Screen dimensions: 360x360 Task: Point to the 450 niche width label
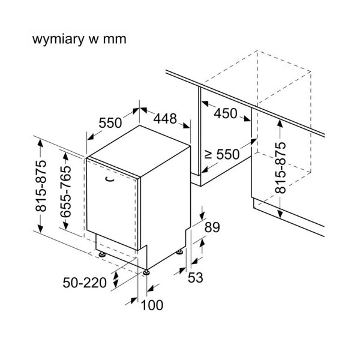[x=225, y=114]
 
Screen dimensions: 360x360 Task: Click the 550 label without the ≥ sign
[x=110, y=122]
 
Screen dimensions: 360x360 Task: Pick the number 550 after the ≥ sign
[x=227, y=154]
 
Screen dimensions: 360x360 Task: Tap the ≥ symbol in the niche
[x=207, y=154]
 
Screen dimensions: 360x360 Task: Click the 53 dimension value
[x=196, y=277]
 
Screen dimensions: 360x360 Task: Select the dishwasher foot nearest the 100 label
[x=146, y=272]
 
